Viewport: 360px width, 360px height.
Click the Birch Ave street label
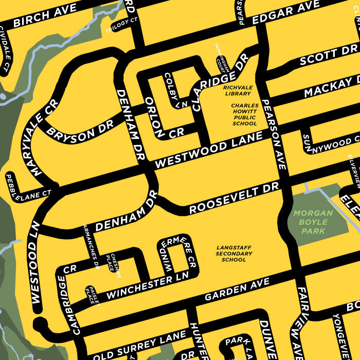tap(45, 15)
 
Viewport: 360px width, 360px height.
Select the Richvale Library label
tap(237, 91)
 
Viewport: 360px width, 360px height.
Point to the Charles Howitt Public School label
tap(244, 114)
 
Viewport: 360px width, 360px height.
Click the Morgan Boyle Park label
tap(313, 222)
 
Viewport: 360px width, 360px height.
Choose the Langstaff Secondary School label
tap(234, 254)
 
